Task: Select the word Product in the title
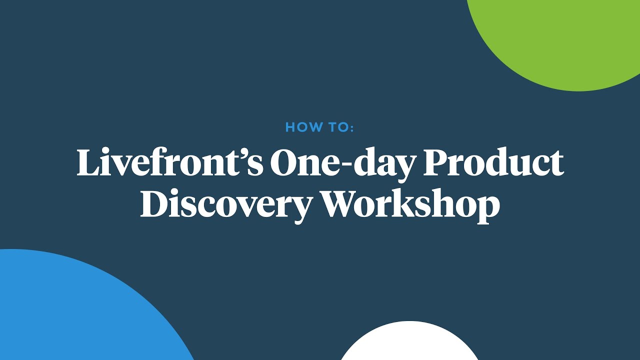(x=494, y=162)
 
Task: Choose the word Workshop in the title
(x=410, y=205)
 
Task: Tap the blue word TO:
(x=341, y=127)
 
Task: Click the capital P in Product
(x=436, y=162)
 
